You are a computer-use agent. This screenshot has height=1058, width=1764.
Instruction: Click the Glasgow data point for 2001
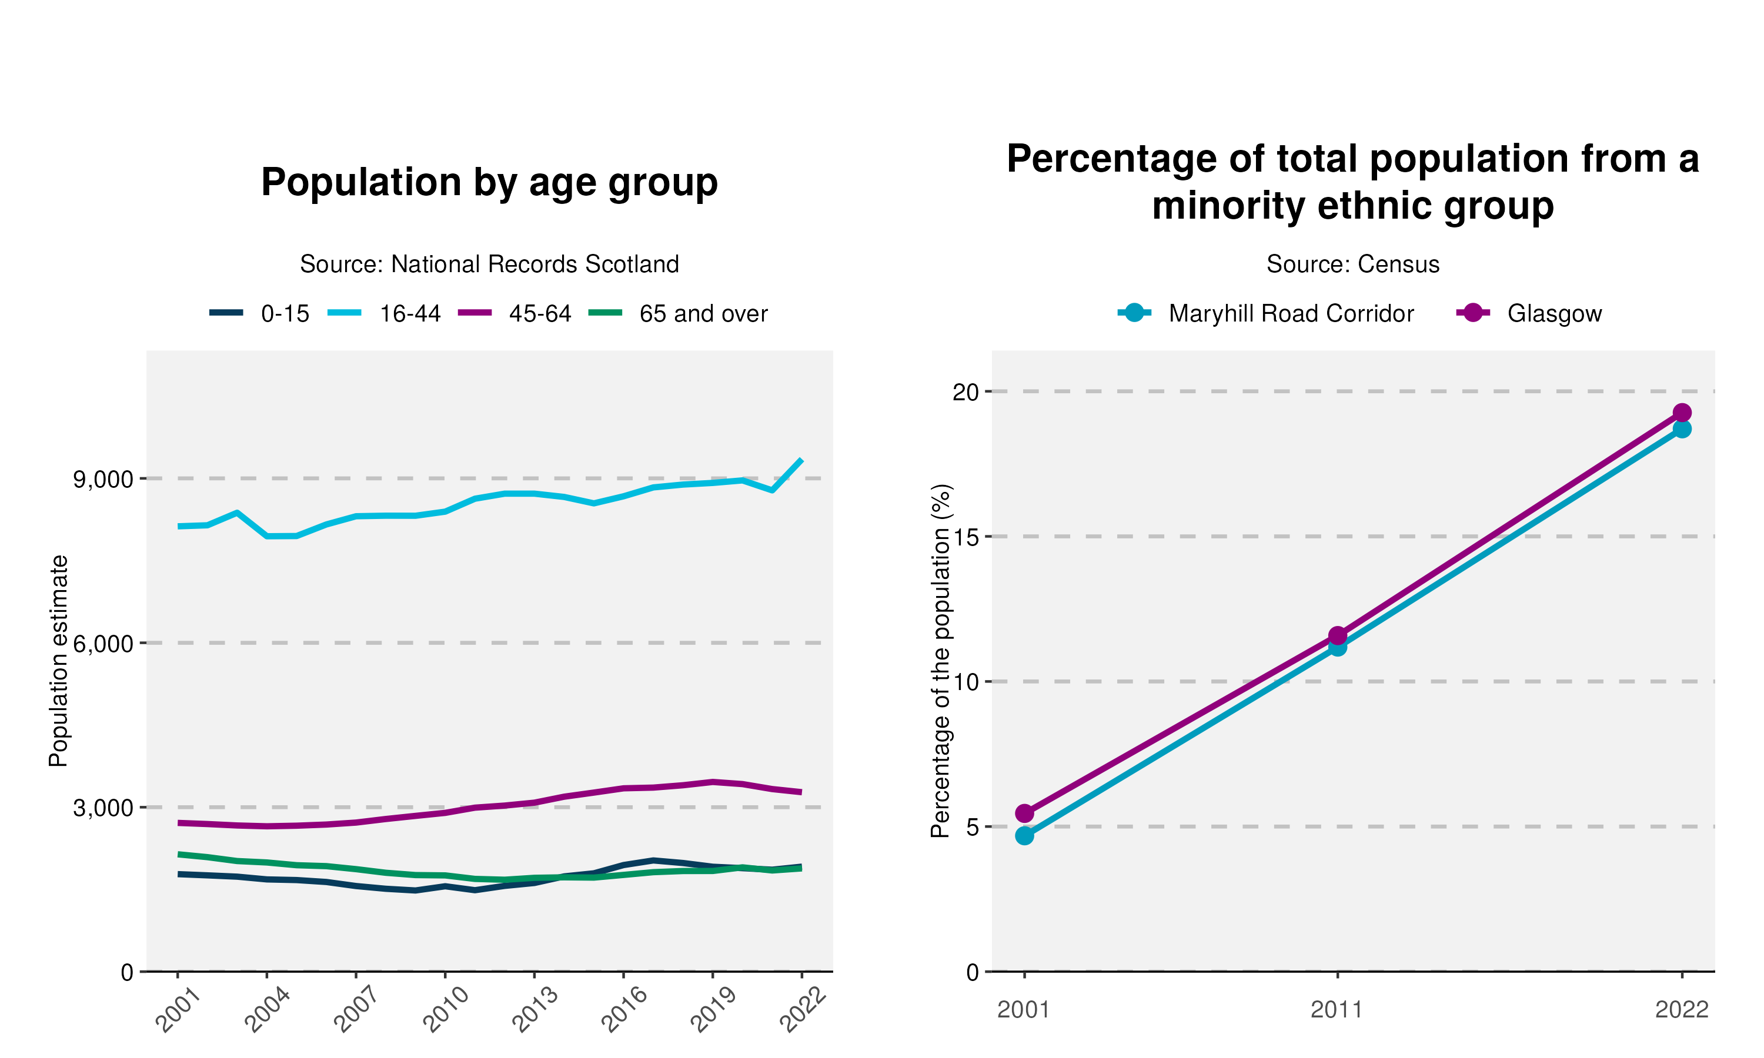tap(1025, 813)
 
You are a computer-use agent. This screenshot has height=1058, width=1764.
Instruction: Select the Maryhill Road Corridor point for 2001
tap(1025, 836)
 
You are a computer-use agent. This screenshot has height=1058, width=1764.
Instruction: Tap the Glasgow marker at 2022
tap(1682, 413)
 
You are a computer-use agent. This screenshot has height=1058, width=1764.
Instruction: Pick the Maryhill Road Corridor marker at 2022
tap(1682, 429)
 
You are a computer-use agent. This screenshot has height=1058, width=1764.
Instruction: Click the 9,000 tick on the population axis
tap(103, 479)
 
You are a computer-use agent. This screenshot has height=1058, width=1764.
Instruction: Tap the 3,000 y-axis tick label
tap(103, 808)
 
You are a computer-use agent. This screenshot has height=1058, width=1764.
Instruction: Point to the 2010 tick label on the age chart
tap(446, 1010)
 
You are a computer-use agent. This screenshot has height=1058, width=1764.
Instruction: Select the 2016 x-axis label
tap(624, 1010)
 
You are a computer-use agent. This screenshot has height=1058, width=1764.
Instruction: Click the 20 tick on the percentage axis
tap(966, 391)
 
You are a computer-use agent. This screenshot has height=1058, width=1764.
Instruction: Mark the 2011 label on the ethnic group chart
tap(1337, 1010)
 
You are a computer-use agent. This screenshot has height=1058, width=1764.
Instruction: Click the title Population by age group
tap(489, 183)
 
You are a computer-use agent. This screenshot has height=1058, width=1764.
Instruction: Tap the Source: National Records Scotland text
tap(489, 264)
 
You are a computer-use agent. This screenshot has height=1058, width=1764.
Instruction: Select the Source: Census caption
tap(1352, 264)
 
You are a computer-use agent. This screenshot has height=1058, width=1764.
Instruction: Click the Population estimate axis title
tap(58, 661)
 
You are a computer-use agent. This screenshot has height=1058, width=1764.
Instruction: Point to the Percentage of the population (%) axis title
tap(941, 661)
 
